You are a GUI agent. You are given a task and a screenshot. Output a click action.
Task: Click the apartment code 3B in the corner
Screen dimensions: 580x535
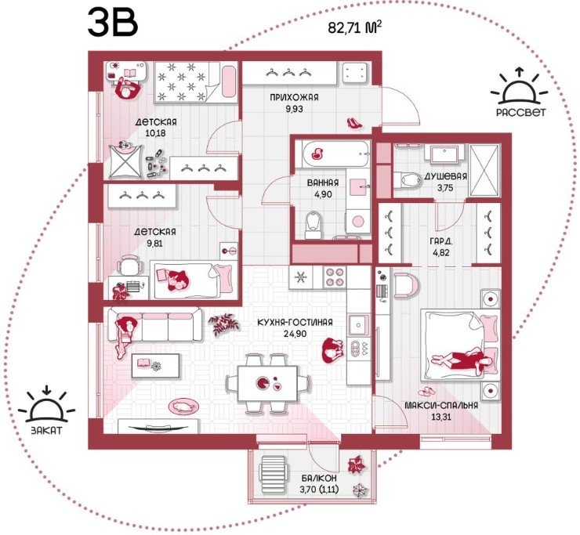click(x=113, y=23)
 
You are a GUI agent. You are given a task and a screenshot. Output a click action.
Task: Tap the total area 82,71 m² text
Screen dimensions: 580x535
click(x=355, y=27)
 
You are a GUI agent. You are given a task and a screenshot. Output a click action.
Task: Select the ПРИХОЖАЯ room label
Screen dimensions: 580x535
click(x=294, y=98)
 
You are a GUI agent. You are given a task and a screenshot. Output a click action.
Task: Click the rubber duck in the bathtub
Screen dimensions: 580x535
click(x=317, y=153)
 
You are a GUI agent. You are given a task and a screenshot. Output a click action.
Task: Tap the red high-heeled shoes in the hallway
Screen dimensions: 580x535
click(x=354, y=123)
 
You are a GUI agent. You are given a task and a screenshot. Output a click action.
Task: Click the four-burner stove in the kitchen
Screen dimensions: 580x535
click(x=335, y=277)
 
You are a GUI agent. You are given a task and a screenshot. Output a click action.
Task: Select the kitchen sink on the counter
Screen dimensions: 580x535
click(x=358, y=325)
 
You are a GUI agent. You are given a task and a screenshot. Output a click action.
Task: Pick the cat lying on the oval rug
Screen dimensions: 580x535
click(x=183, y=407)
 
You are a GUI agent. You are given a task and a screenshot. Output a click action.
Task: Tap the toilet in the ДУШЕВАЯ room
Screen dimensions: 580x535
click(x=408, y=180)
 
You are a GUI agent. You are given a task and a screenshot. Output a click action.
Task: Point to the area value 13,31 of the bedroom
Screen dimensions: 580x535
click(x=441, y=417)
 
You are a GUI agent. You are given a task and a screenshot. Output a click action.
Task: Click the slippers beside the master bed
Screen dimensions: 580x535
click(x=428, y=392)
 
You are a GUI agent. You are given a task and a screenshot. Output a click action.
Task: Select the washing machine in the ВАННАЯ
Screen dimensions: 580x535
click(x=357, y=221)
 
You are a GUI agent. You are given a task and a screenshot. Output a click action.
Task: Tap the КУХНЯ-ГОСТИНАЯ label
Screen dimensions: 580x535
click(x=295, y=323)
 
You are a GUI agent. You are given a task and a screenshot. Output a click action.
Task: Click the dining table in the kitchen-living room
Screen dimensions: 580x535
click(x=267, y=384)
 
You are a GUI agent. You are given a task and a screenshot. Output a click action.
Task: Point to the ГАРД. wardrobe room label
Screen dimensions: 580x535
click(x=441, y=241)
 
